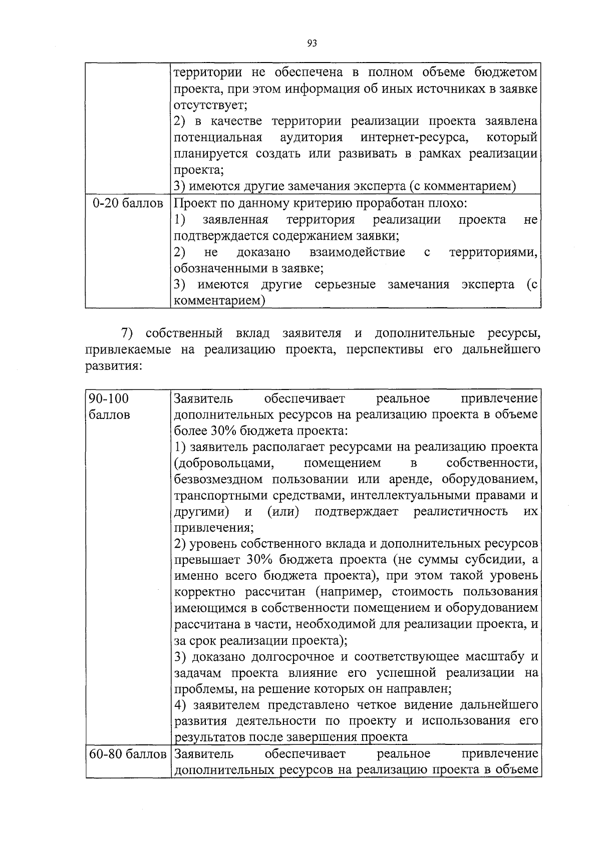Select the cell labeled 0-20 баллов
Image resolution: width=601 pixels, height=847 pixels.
coord(128,204)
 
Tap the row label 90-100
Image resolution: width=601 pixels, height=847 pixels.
coord(109,398)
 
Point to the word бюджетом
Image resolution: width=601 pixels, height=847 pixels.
coord(505,73)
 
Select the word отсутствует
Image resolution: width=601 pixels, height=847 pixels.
coord(209,105)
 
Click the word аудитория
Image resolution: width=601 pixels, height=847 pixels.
coord(311,137)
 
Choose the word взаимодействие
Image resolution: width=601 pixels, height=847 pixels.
coord(358,252)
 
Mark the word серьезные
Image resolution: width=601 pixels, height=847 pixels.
coord(345,284)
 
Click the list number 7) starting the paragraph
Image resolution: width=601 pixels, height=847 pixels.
coord(127,333)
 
